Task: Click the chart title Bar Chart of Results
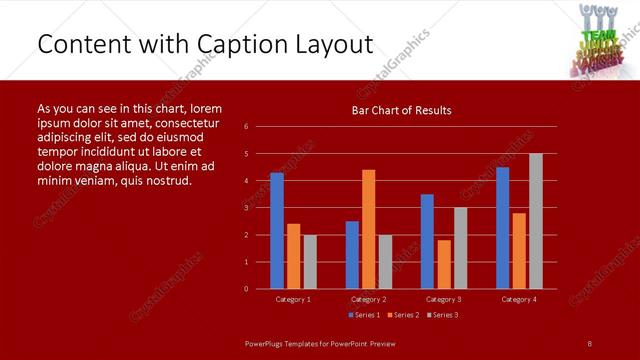401,110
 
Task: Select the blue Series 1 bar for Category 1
277,231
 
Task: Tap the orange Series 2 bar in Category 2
369,229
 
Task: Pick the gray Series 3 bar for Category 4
536,221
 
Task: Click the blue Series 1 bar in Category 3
427,241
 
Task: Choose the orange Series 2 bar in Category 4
519,250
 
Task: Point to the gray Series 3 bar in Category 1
310,262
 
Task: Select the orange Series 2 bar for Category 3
444,264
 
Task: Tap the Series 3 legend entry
442,315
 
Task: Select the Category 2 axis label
369,299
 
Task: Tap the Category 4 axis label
519,299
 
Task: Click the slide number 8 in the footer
590,343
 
